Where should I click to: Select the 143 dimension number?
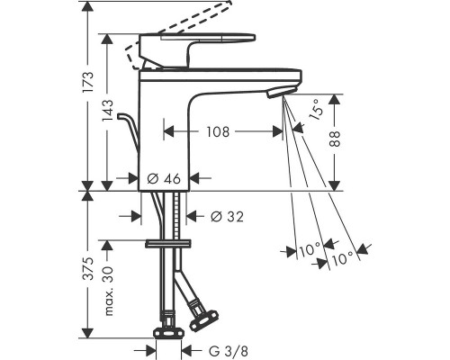pyautogui.click(x=108, y=111)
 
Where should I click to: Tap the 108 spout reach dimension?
pyautogui.click(x=218, y=131)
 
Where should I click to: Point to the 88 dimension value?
pyautogui.click(x=335, y=139)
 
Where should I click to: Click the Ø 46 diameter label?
pyautogui.click(x=164, y=179)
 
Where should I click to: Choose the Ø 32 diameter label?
pyautogui.click(x=227, y=216)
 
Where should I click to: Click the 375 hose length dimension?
pyautogui.click(x=89, y=268)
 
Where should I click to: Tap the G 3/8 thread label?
pyautogui.click(x=229, y=351)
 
